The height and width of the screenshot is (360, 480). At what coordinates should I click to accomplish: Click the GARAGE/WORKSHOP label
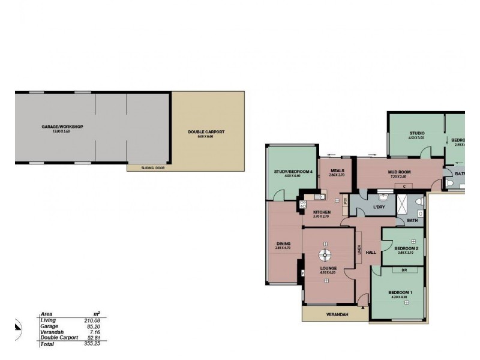[x=62, y=127]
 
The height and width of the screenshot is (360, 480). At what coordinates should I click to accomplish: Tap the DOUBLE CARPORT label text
[x=206, y=131]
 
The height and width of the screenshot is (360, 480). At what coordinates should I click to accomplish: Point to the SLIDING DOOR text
[x=153, y=168]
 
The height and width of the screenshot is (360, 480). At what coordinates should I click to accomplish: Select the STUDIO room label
[x=416, y=133]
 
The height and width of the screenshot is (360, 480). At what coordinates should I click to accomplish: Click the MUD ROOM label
[x=399, y=172]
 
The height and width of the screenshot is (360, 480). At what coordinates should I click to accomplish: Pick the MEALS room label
[x=337, y=170]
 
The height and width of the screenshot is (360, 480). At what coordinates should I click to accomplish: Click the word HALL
[x=371, y=252]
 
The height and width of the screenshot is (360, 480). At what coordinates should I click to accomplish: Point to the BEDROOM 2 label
[x=406, y=248]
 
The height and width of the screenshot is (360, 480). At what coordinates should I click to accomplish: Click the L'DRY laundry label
[x=379, y=207]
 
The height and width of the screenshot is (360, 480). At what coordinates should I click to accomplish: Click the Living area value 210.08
[x=92, y=320]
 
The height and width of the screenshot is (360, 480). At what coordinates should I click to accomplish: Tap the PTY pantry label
[x=346, y=202]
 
